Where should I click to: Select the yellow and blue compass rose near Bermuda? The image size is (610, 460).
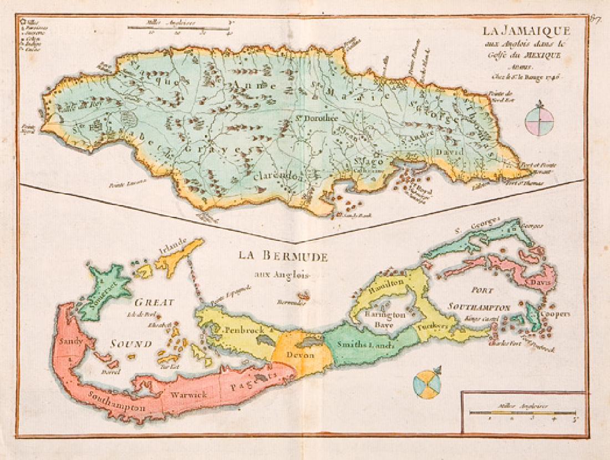tap(427, 385)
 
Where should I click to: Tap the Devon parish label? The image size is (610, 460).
tap(301, 355)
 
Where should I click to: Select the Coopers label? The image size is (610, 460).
tap(555, 314)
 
